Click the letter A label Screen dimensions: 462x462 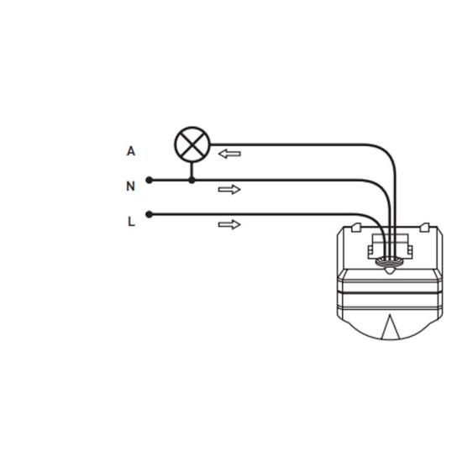(x=131, y=151)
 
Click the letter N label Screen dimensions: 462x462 (x=130, y=186)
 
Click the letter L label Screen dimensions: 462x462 (x=131, y=221)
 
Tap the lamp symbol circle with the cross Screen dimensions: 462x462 (x=192, y=144)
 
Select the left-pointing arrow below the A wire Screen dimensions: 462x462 (x=229, y=154)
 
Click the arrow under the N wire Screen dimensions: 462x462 (x=229, y=190)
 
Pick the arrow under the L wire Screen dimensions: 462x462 (x=229, y=224)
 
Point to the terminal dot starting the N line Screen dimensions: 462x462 (x=150, y=180)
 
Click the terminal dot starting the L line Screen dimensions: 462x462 (x=150, y=214)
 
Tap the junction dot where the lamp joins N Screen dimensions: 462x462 (x=192, y=180)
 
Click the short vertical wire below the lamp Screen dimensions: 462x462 (x=192, y=170)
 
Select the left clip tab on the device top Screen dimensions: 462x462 (x=356, y=227)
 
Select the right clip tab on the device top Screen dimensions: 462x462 (x=424, y=227)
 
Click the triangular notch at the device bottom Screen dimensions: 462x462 (x=390, y=327)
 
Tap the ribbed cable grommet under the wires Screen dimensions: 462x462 (x=389, y=260)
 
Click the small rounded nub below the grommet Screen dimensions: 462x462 (x=389, y=270)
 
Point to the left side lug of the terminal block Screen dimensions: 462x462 (x=370, y=252)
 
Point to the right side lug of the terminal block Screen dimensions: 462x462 (x=410, y=252)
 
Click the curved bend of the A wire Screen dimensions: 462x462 (x=387, y=155)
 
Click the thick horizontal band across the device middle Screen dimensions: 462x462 (x=390, y=292)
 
